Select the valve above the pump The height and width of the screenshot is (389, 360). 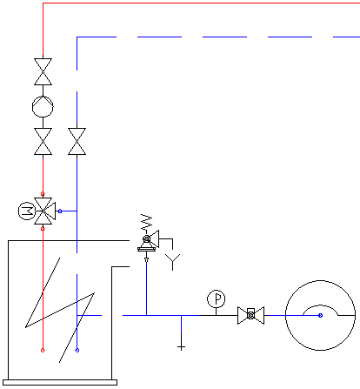(43, 71)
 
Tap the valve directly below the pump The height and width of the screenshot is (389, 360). (43, 141)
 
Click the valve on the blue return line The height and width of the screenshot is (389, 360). (77, 141)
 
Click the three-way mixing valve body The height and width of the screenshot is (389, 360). (43, 211)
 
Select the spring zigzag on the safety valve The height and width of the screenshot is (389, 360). (147, 222)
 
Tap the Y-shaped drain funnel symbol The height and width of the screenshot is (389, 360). (173, 262)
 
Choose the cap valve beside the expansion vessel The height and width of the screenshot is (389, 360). (250, 315)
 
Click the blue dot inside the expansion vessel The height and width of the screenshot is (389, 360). (320, 315)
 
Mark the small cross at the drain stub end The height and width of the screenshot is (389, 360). (181, 347)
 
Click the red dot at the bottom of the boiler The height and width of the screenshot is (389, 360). (43, 350)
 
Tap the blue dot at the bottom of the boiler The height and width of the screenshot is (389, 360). (77, 350)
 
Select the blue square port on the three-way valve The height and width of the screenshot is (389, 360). (60, 211)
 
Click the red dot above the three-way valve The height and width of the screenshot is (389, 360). (43, 193)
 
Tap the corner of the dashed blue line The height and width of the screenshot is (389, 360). (77, 37)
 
